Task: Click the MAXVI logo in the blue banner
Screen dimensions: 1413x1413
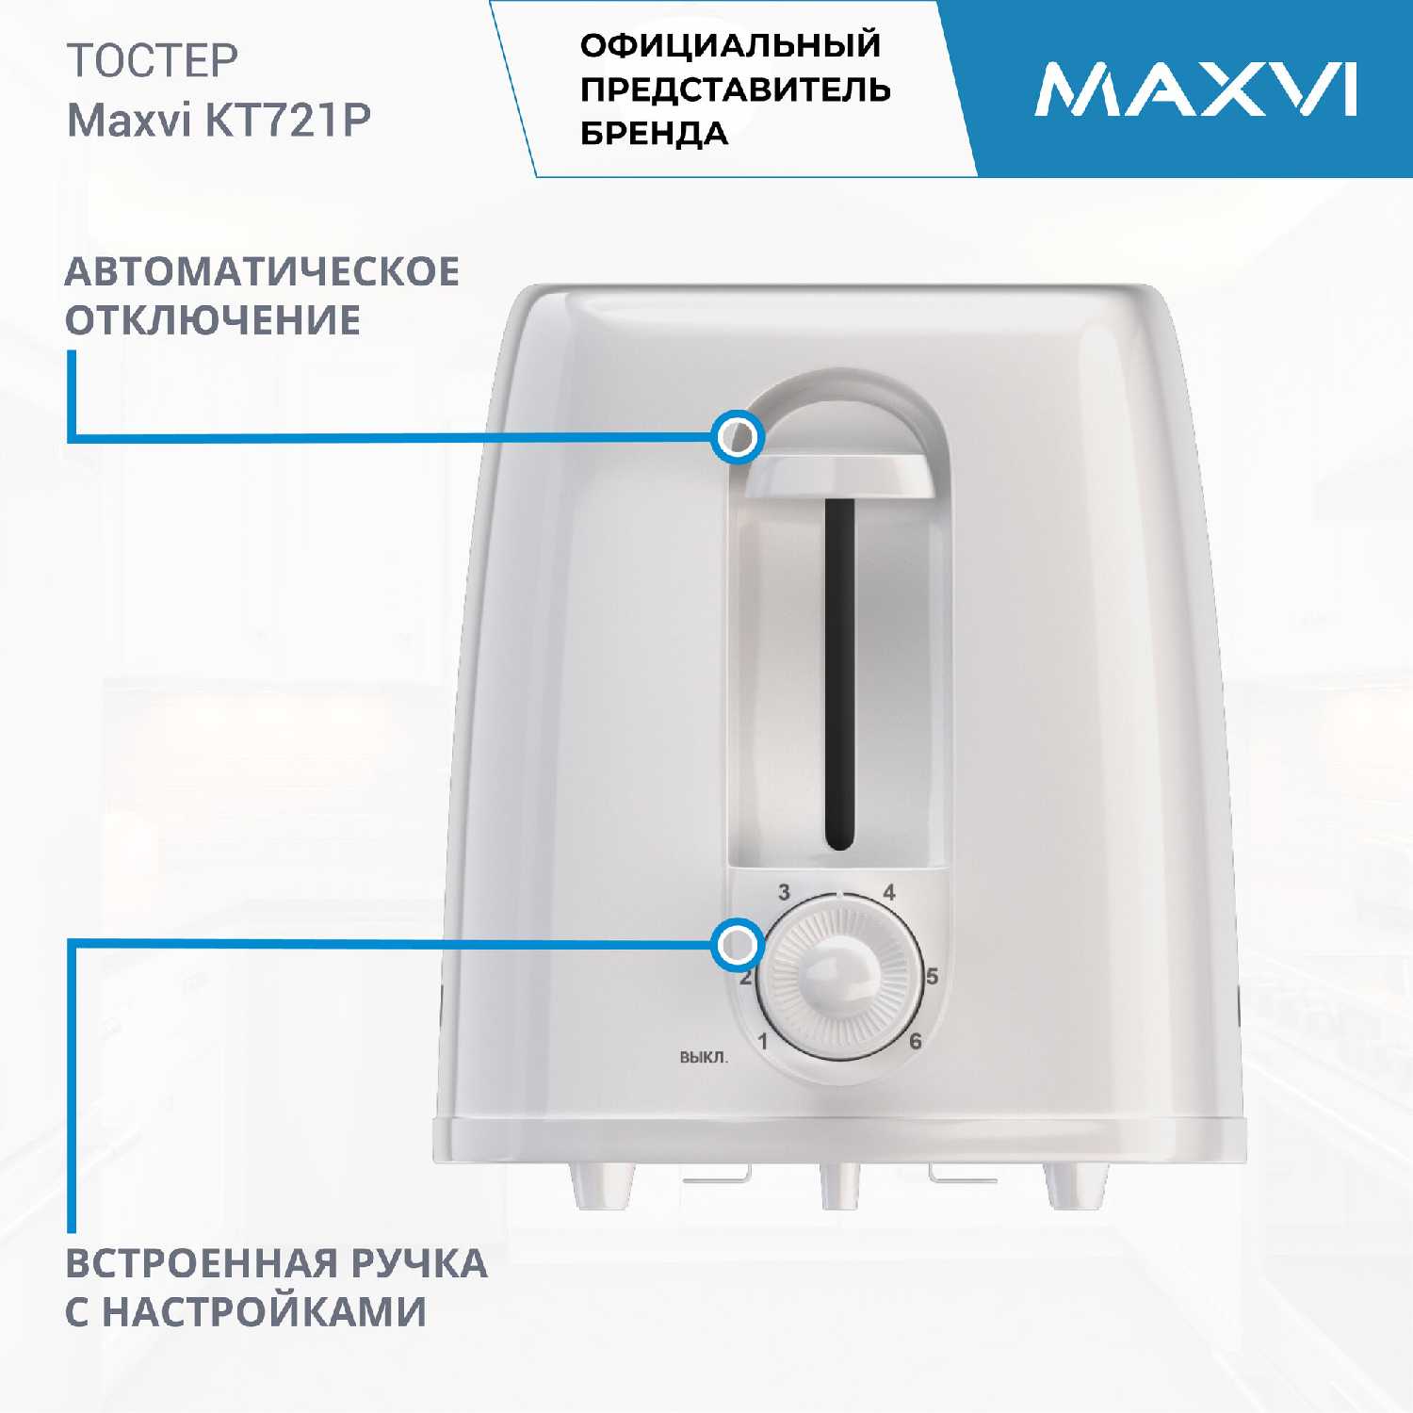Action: pos(1195,89)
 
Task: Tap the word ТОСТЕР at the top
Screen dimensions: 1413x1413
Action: pos(153,61)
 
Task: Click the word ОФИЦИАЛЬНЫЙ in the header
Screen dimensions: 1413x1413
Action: pos(731,45)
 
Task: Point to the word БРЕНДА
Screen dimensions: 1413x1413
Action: pos(655,134)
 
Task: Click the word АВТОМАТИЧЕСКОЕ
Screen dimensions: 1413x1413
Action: pos(262,271)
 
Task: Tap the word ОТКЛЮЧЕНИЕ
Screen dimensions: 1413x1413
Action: pos(213,320)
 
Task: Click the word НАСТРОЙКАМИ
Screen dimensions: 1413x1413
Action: pos(264,1312)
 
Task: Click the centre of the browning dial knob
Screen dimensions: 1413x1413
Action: pos(837,979)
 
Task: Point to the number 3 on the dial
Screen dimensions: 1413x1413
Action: pos(784,892)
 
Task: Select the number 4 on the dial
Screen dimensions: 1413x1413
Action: pos(888,892)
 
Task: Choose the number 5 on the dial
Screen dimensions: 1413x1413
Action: pos(932,976)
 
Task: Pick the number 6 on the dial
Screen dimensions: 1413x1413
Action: pos(915,1041)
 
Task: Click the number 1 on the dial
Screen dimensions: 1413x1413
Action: pos(763,1042)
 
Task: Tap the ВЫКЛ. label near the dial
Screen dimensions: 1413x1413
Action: pos(704,1058)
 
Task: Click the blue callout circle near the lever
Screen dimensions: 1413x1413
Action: pos(738,437)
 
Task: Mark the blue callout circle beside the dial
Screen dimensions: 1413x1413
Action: pos(738,944)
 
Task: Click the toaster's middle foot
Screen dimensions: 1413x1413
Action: pos(838,1185)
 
